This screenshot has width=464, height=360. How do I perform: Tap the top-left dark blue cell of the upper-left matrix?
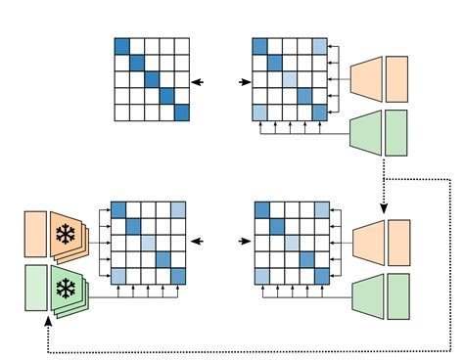121,46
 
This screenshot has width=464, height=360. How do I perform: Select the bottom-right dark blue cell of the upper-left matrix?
182,112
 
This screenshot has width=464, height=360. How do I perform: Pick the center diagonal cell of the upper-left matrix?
152,79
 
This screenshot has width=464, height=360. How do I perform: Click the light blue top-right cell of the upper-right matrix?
320,46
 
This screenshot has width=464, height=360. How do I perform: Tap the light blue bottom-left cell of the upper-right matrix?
259,112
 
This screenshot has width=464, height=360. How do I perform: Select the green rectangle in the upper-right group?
396,132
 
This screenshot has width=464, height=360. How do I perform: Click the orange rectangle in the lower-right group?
397,240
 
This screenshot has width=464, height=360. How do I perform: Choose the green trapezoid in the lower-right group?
366,294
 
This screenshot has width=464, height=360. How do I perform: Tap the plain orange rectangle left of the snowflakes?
34,234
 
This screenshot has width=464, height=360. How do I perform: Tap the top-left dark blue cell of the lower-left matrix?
118,208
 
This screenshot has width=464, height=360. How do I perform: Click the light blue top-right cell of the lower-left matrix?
178,208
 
